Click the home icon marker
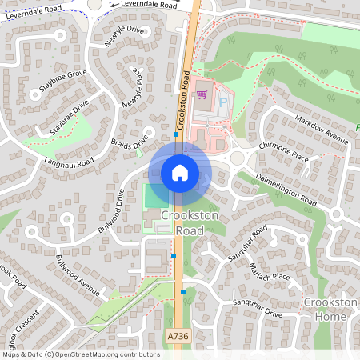180,172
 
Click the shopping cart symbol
202,95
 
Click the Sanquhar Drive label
257,308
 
